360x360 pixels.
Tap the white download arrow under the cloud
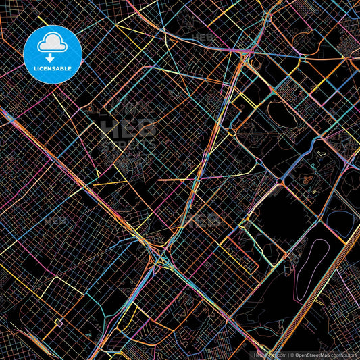pos(52,58)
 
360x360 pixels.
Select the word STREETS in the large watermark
pos(128,145)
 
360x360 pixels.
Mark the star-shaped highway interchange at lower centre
pos(161,257)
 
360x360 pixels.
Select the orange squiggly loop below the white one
pos(308,180)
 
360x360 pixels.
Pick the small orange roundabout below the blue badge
pos(90,108)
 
